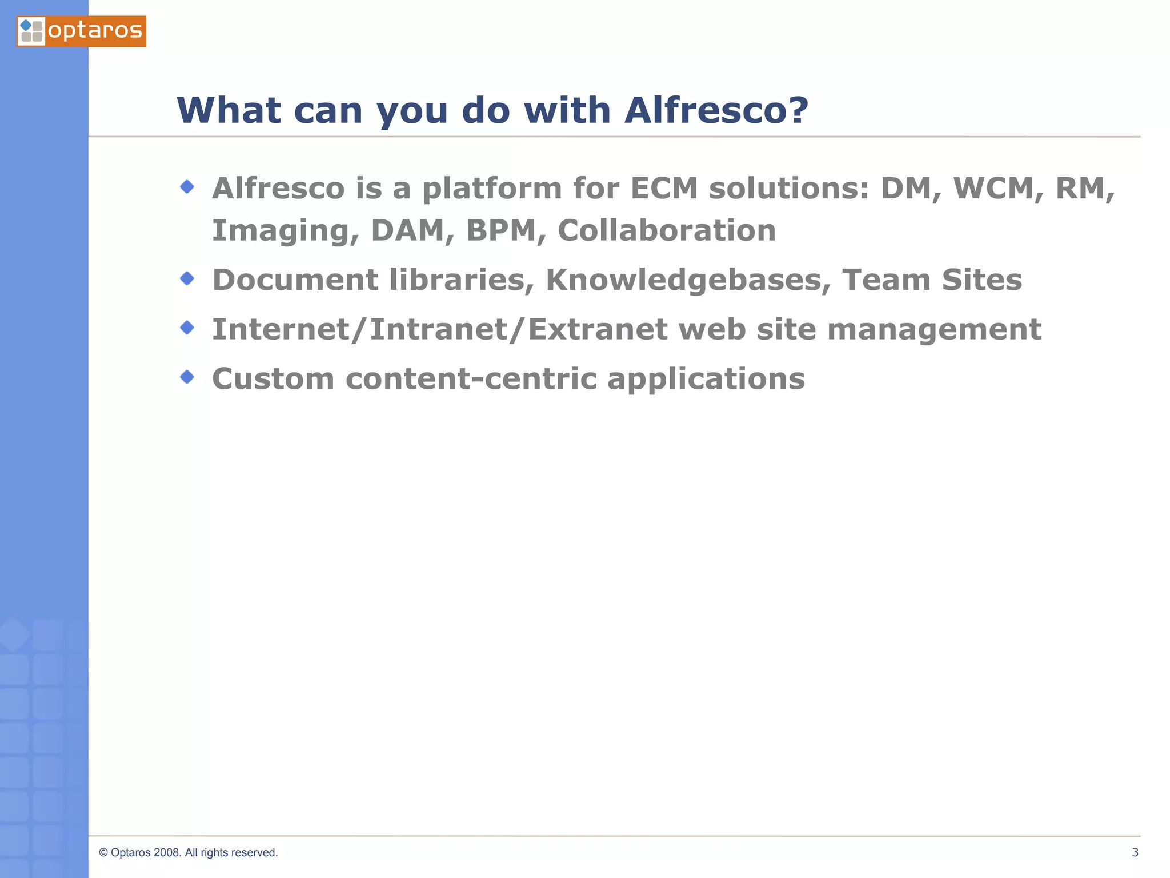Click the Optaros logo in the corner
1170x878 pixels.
(81, 31)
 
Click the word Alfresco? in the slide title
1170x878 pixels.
(716, 110)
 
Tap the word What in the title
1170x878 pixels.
(229, 110)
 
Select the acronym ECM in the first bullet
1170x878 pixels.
(664, 189)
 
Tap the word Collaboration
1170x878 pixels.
(666, 231)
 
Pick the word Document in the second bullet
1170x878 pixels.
(295, 280)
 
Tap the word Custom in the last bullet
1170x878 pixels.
(273, 379)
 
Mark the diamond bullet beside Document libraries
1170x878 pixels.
(187, 278)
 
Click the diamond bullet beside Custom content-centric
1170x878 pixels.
(187, 377)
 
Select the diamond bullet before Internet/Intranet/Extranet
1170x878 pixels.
(187, 328)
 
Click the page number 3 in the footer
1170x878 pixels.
(1135, 852)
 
